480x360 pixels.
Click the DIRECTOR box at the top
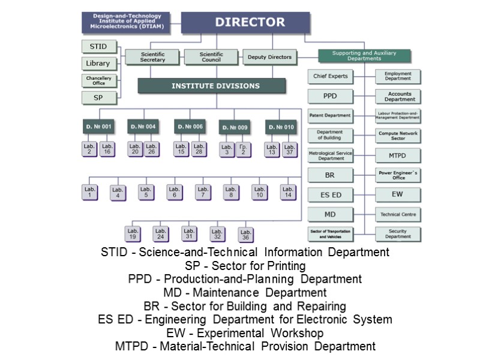click(x=250, y=23)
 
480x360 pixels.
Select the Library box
click(x=98, y=64)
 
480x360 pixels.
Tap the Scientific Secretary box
click(x=152, y=57)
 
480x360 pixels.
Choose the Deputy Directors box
click(x=269, y=58)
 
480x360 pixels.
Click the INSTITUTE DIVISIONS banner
click(x=215, y=86)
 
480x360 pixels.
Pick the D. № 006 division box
click(x=189, y=127)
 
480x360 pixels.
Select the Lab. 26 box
click(x=151, y=149)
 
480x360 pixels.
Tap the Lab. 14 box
click(x=288, y=193)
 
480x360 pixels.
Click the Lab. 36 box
click(x=245, y=233)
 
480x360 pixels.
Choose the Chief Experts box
click(x=330, y=77)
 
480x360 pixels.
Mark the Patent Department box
click(x=330, y=115)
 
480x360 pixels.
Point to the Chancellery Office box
click(x=98, y=80)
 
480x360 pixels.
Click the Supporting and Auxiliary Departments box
click(x=364, y=56)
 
